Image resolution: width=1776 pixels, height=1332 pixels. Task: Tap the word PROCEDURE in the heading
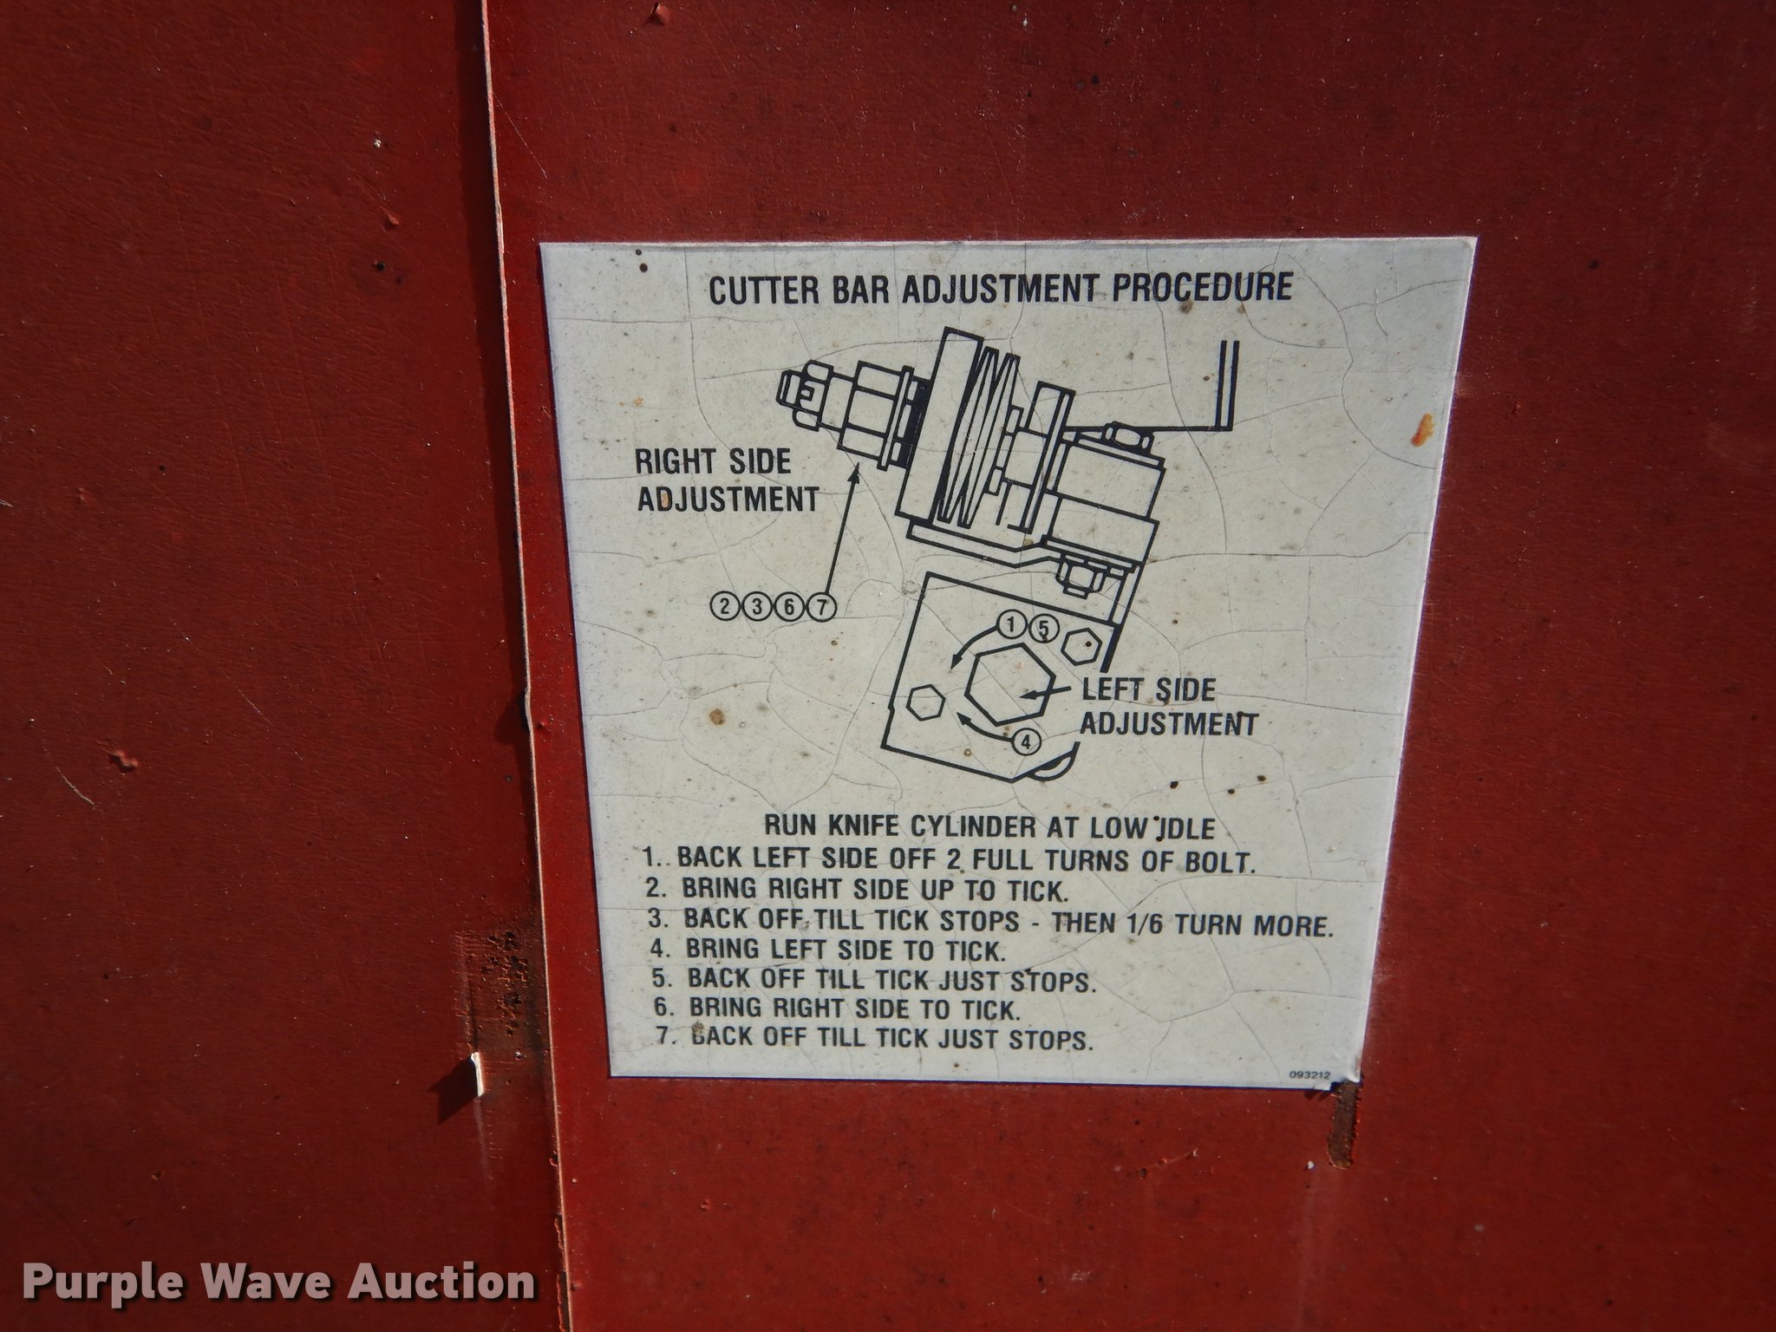tap(1202, 286)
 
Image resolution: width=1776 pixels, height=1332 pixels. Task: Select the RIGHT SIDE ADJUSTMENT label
tap(727, 480)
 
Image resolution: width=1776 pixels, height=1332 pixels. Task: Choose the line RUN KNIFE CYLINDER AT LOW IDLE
tap(989, 826)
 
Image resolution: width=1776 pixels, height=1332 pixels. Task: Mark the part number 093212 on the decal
tap(1309, 1075)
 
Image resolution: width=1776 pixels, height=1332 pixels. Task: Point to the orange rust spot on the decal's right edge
tap(1422, 430)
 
